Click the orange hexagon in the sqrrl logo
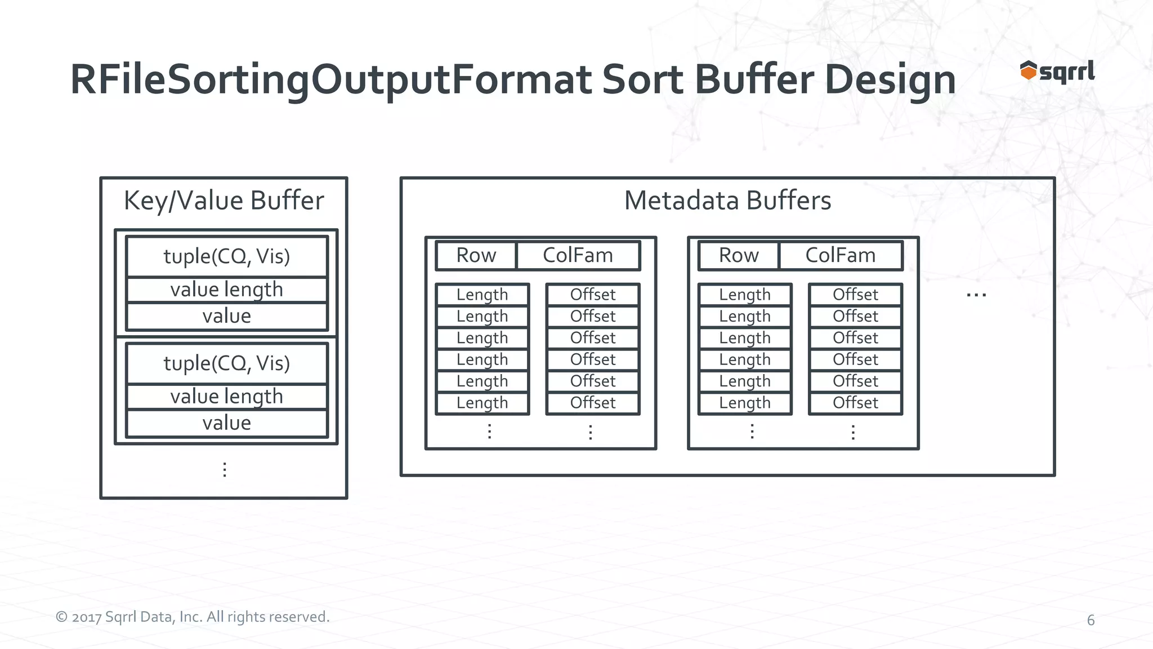coord(1028,72)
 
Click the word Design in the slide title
coord(890,79)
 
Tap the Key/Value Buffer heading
coord(224,201)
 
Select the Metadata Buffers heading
coord(727,201)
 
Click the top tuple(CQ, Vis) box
coord(227,256)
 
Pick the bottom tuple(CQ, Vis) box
coord(227,363)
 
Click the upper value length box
coord(227,290)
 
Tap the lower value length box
coord(227,397)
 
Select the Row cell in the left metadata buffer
coord(476,255)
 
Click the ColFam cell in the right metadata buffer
coord(841,255)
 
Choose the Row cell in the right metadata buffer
coord(739,255)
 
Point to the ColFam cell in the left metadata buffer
coord(578,255)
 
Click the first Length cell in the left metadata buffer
coord(482,295)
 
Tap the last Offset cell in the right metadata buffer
coord(855,403)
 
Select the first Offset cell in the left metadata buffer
coord(593,295)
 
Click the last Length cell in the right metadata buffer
coord(745,403)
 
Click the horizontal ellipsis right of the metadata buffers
coord(976,295)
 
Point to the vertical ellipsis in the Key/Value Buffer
coord(225,469)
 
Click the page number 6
coord(1091,620)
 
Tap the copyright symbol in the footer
coord(61,617)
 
